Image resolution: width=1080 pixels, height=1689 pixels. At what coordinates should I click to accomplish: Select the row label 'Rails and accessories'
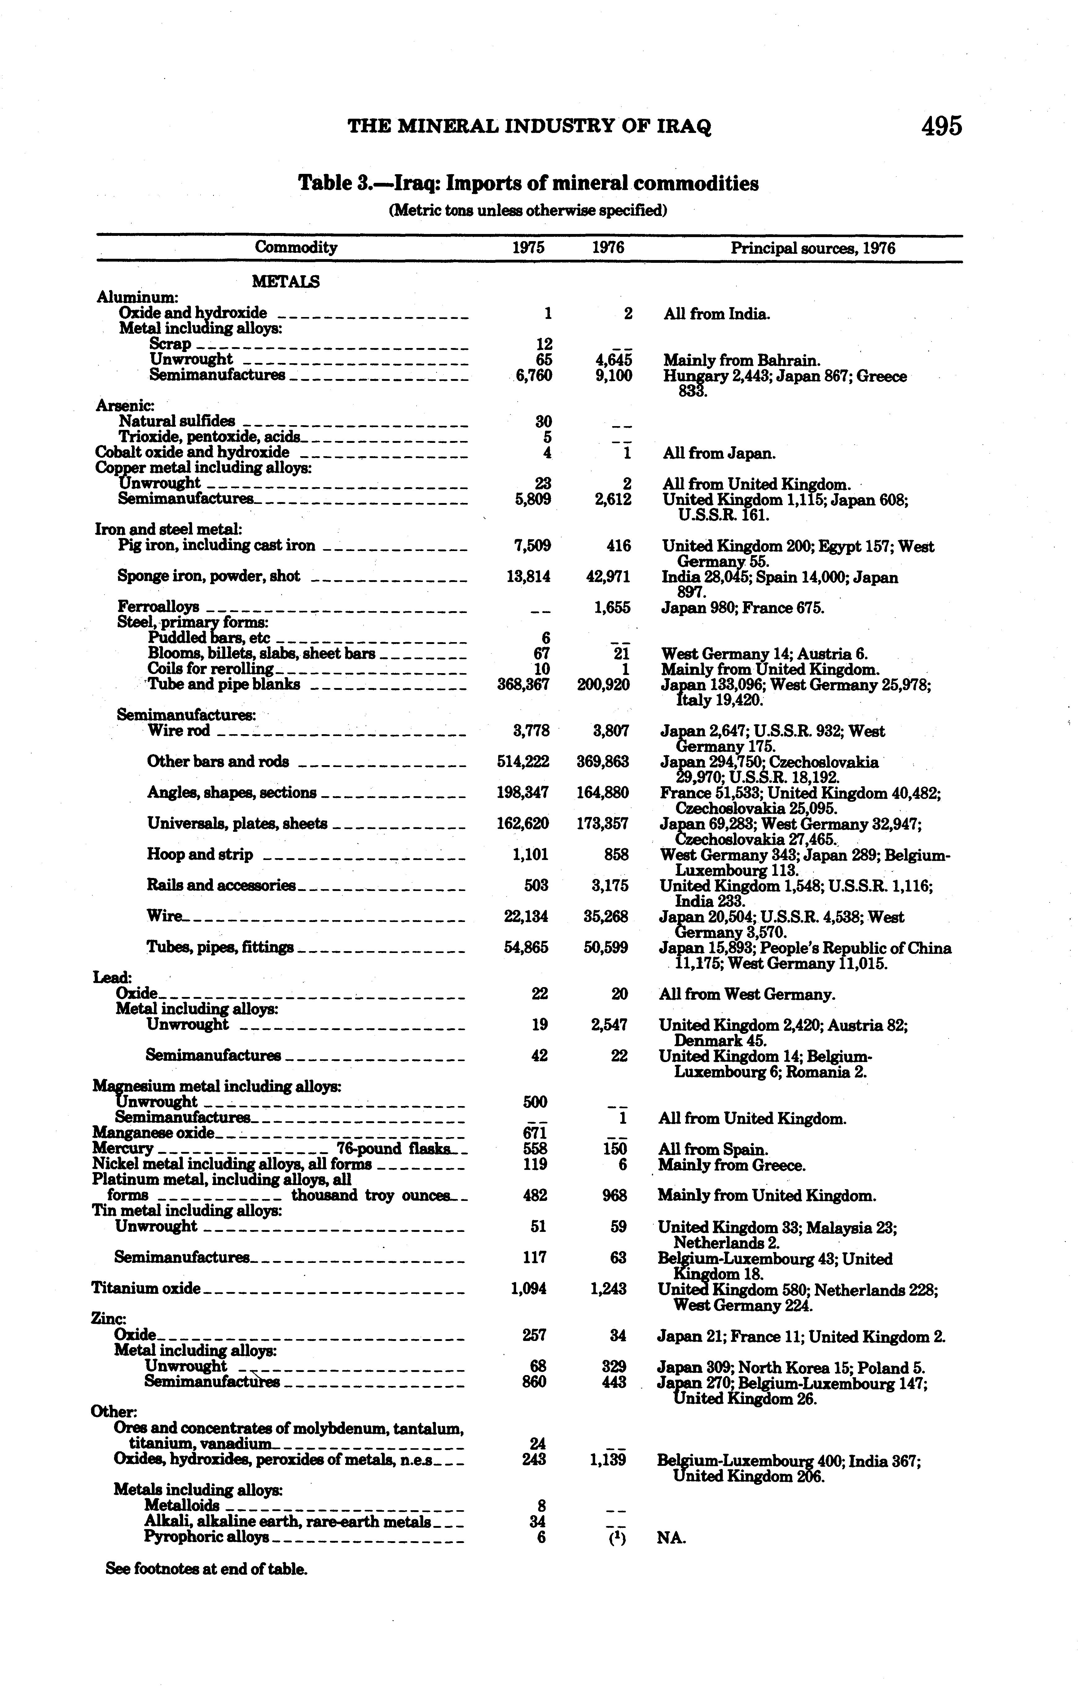click(x=221, y=886)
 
